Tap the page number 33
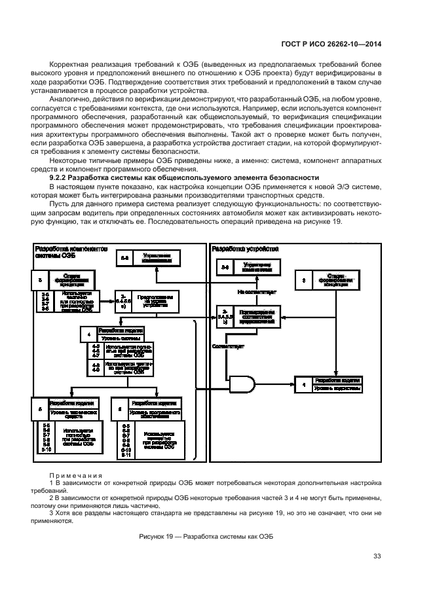pyautogui.click(x=377, y=556)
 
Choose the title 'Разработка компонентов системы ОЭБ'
pyautogui.click(x=66, y=253)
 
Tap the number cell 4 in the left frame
pyautogui.click(x=88, y=334)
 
